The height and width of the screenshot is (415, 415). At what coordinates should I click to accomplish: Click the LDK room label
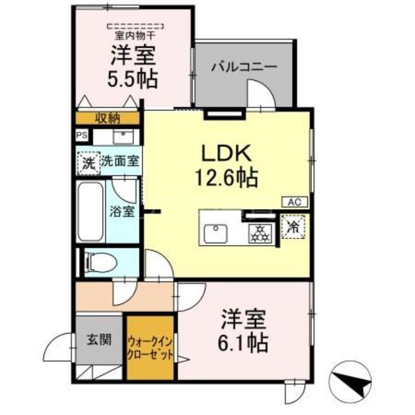[226, 154]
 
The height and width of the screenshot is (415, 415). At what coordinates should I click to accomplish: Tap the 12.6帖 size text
[226, 177]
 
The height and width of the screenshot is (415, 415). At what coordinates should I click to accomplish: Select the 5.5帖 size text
[133, 78]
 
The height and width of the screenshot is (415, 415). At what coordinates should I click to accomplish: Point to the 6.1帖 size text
[243, 342]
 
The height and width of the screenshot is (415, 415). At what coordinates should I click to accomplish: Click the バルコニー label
[244, 66]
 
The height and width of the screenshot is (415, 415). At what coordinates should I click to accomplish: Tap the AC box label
[295, 202]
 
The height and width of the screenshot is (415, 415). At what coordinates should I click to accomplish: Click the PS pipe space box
[82, 135]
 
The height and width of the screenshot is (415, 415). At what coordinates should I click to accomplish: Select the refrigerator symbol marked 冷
[293, 227]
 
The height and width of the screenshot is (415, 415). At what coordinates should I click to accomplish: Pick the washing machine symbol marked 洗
[89, 163]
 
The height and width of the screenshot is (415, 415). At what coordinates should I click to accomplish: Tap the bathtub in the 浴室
[90, 211]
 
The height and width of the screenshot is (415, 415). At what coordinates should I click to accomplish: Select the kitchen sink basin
[216, 233]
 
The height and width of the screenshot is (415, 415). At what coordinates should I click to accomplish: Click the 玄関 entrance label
[99, 339]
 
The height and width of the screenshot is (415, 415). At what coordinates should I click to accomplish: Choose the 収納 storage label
[108, 118]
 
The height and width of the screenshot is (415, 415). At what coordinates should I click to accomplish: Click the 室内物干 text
[135, 35]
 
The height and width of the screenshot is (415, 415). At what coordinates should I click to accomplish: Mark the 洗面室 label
[120, 161]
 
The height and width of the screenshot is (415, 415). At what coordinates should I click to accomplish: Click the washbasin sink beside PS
[123, 136]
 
